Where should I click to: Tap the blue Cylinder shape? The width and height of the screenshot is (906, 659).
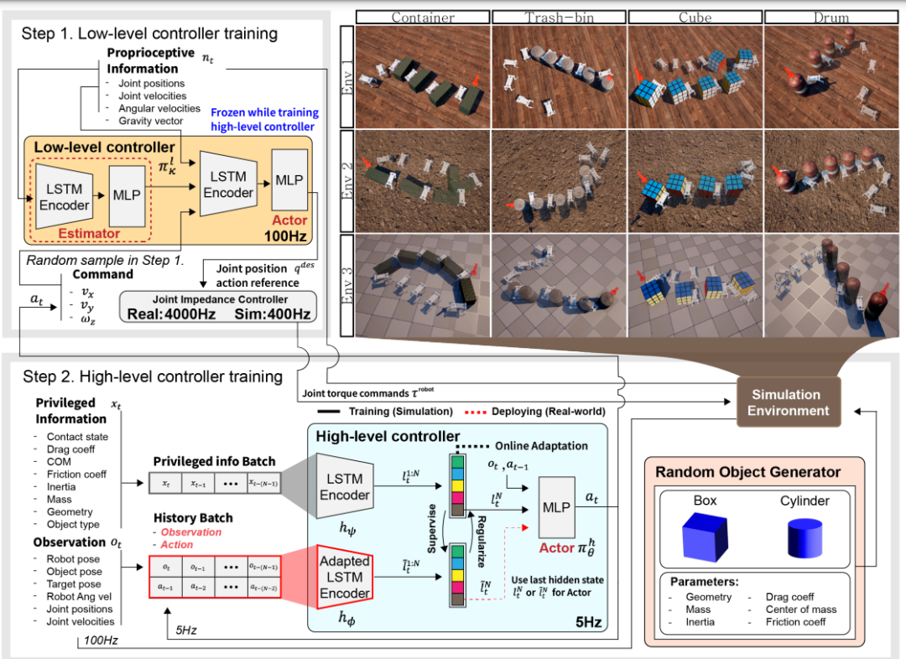805,538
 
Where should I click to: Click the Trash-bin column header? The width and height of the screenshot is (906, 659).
559,17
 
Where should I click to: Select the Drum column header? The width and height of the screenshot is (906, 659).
832,17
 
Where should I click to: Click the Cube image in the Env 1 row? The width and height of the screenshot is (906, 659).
695,75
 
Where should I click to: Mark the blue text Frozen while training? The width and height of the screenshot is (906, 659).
264,112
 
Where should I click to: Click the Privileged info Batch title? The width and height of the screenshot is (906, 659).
213,462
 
